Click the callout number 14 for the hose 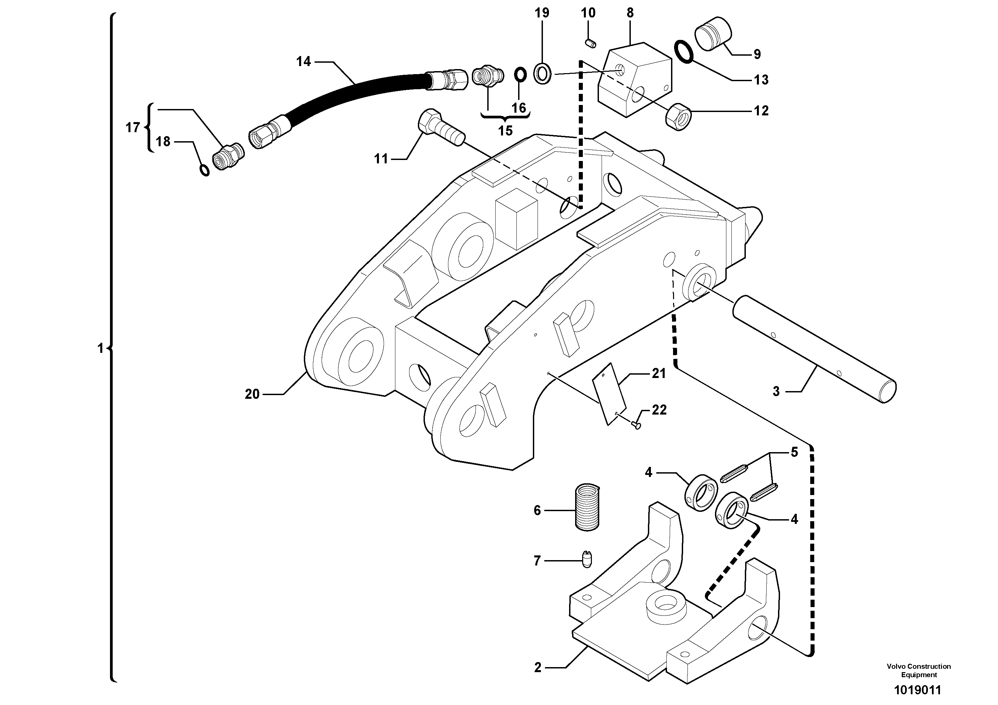coord(303,62)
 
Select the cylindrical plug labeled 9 coord(713,34)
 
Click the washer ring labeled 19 coord(543,73)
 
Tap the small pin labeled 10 coord(590,43)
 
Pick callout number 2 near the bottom coord(538,667)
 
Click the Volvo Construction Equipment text coord(919,670)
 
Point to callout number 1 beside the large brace coord(100,348)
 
